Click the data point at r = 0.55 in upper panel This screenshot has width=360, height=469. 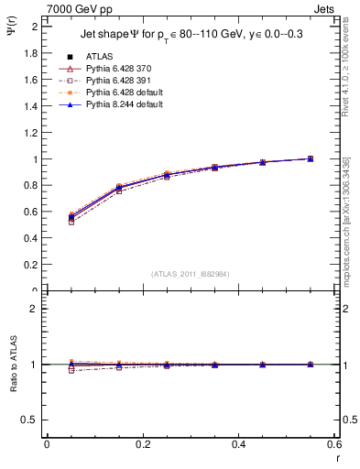pos(311,158)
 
